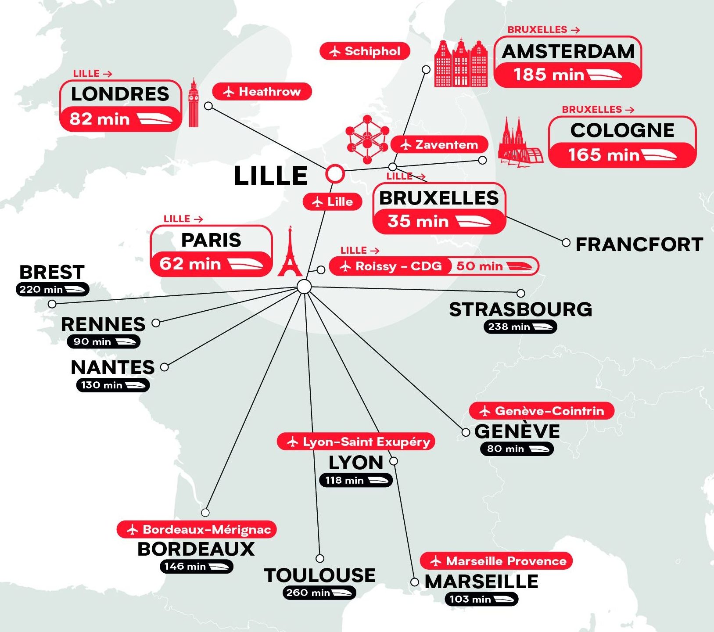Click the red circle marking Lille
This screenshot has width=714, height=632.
[335, 174]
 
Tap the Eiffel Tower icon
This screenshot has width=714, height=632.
[290, 254]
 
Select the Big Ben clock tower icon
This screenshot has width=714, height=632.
[193, 103]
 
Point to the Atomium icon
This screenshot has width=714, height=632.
[367, 139]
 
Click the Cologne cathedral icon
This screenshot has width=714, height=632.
[520, 144]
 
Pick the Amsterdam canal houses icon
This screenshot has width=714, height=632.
[461, 63]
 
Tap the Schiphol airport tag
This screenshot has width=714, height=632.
[365, 51]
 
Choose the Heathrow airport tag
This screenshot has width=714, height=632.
[262, 92]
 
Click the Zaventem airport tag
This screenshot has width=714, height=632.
[439, 144]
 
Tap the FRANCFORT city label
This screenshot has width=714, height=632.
[639, 244]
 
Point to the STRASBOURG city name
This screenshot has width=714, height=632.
[520, 309]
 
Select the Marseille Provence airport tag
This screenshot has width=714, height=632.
[496, 561]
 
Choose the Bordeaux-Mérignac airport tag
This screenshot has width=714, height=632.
[197, 530]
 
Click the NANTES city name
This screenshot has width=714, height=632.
[113, 367]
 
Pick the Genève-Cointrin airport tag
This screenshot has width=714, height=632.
[542, 411]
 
